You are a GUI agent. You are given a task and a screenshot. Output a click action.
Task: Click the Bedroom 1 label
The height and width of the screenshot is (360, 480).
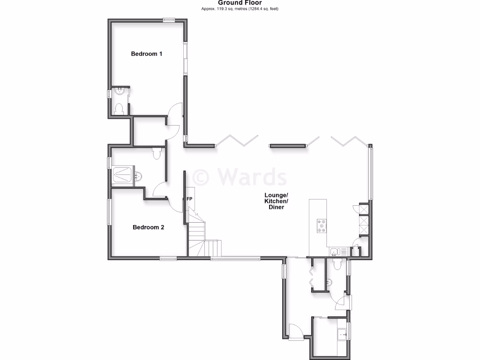tap(146, 54)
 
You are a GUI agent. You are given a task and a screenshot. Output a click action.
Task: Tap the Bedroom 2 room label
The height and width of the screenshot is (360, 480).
tap(148, 228)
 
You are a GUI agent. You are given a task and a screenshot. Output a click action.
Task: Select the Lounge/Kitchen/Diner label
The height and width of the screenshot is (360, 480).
tap(276, 201)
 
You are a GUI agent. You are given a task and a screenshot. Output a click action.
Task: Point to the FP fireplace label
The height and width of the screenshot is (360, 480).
tap(190, 199)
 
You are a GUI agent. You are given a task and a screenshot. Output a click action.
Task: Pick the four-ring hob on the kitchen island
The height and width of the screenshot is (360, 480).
tap(322, 226)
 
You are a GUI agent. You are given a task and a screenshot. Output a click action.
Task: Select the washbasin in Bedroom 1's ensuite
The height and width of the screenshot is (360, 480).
tap(120, 91)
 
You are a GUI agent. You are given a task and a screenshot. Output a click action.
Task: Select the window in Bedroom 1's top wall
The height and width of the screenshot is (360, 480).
tap(169, 20)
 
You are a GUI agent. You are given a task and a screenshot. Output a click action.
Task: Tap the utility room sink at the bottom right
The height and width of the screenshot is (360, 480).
tap(343, 333)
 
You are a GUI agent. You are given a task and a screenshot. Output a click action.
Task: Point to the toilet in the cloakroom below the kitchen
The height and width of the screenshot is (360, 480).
tap(337, 265)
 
